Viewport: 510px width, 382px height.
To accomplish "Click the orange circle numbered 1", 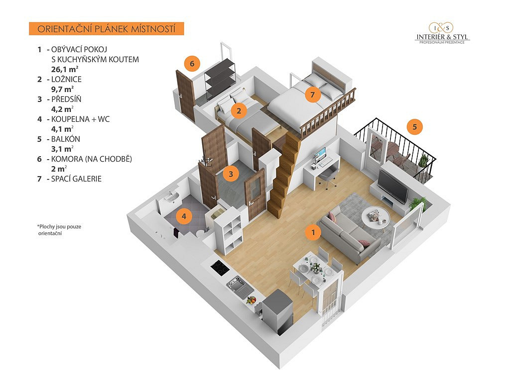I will pos(313,232).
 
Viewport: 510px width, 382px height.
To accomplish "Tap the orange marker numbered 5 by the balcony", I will pos(414,126).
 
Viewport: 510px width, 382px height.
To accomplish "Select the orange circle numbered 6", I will pos(192,64).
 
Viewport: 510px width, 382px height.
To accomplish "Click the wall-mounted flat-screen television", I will pos(393,186).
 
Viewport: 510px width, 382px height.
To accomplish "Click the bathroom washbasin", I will pos(171,198).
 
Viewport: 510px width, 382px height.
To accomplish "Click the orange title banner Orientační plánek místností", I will pos(107,29).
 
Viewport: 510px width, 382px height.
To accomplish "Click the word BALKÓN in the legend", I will pos(66,139).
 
